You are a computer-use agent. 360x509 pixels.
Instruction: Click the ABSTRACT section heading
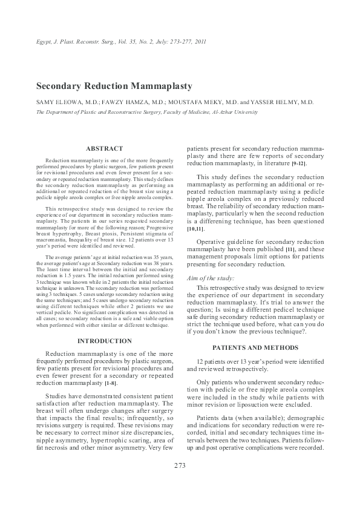click(104, 148)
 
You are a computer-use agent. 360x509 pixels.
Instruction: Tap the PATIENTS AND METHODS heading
click(255, 347)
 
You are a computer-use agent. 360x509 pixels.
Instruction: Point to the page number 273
click(180, 465)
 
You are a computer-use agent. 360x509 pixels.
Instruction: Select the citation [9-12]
click(299, 164)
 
